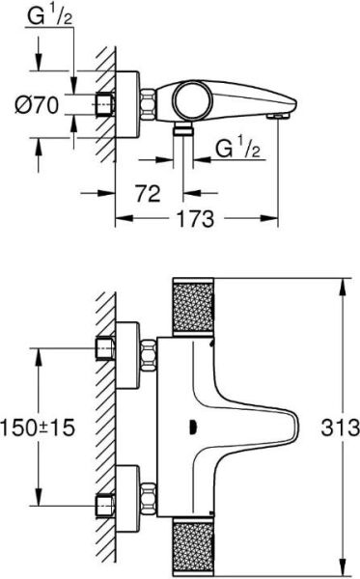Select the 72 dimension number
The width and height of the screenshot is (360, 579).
[147, 195]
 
